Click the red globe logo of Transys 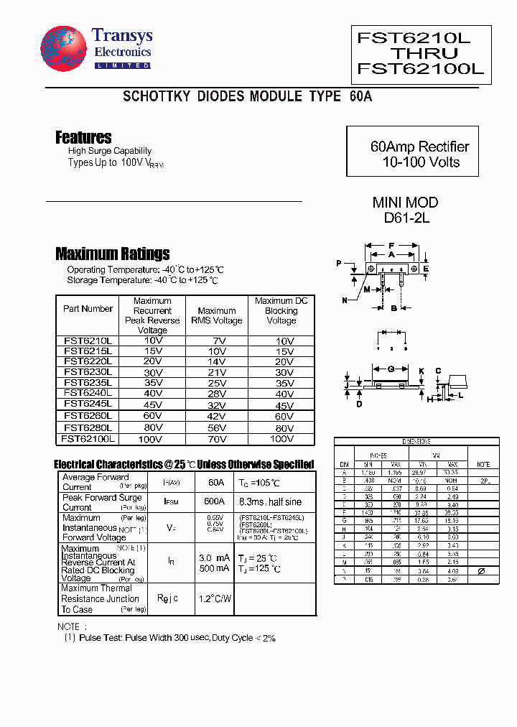(64, 51)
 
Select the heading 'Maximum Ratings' (113, 254)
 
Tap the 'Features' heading (83, 137)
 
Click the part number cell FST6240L (88, 393)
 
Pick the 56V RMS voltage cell (216, 427)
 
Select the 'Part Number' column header (88, 309)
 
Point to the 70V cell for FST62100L (216, 438)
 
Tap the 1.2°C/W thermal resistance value (215, 598)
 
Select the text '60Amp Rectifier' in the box (419, 147)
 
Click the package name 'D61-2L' (405, 218)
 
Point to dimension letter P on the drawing (339, 264)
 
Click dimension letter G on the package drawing (391, 369)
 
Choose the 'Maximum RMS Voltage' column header (216, 315)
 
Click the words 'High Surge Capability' (110, 151)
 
